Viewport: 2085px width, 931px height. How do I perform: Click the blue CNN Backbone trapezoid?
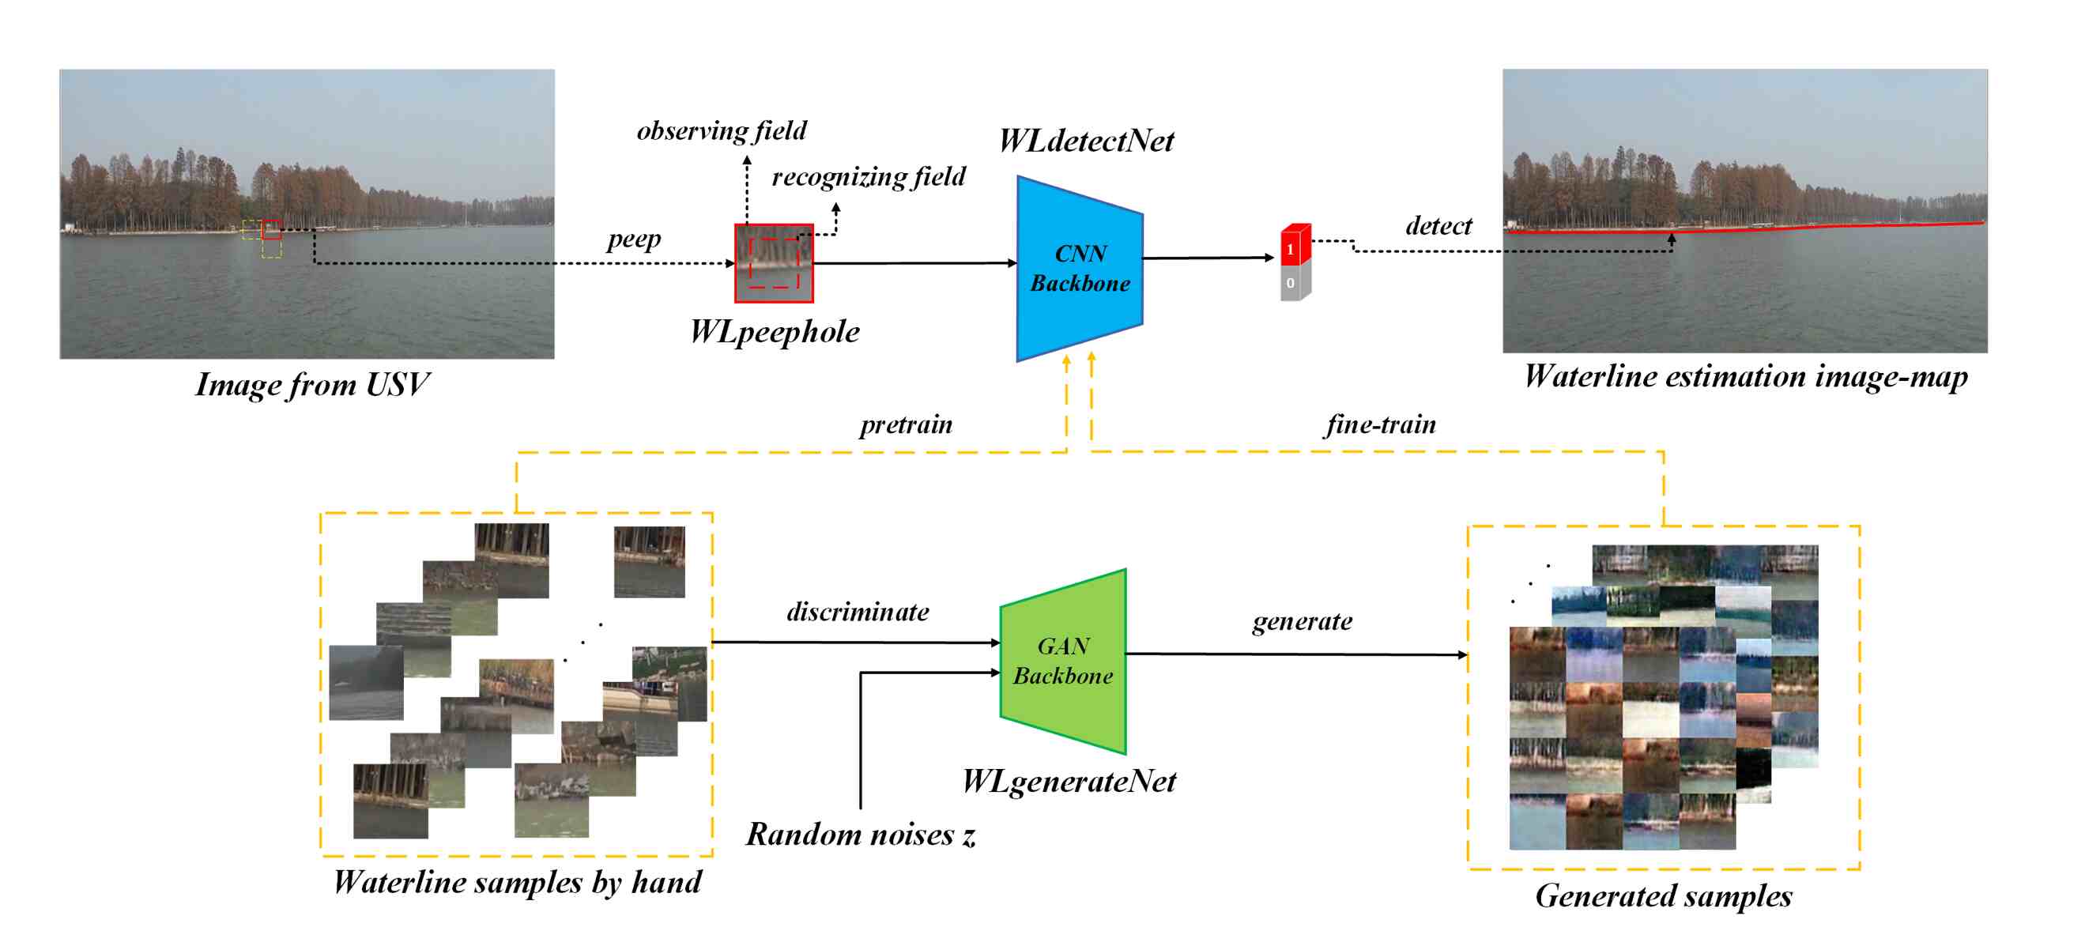(1080, 268)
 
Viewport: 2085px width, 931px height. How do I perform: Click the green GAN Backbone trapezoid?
(1063, 661)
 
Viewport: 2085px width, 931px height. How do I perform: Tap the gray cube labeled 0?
(1293, 285)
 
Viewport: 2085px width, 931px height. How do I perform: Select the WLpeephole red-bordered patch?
(774, 263)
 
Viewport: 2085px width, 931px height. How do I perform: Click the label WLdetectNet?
(1085, 141)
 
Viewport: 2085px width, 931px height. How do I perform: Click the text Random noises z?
(860, 834)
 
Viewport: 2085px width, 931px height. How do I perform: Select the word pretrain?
(906, 424)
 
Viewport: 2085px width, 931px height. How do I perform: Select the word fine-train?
(1380, 424)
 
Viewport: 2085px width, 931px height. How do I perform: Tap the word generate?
(1302, 621)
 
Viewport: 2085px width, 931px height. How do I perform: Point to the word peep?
(634, 239)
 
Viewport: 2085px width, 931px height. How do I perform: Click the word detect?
(1438, 225)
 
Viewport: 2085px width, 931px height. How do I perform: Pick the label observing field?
(721, 130)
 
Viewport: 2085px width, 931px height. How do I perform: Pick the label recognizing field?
(869, 175)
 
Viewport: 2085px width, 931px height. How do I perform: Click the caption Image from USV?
(311, 384)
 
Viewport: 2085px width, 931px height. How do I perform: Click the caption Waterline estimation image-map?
(1745, 376)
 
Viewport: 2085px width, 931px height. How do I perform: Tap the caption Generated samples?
(1663, 895)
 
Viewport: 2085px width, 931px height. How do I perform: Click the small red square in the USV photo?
(272, 229)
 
